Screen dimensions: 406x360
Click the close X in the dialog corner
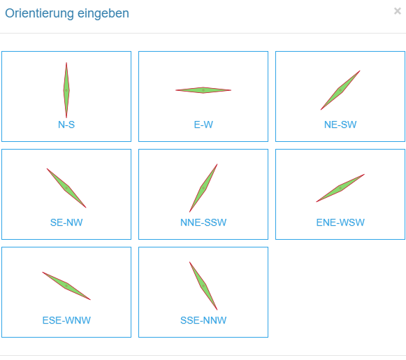[x=398, y=11]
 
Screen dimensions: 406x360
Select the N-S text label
[x=66, y=124]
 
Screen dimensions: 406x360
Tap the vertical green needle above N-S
[x=66, y=90]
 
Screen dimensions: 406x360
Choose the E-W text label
[x=203, y=124]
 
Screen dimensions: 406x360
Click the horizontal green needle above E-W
[x=203, y=90]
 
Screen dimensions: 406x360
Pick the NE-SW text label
[x=340, y=124]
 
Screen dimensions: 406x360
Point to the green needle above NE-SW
[x=340, y=90]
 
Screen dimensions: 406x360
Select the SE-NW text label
[x=66, y=222]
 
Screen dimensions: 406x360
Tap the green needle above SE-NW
[x=66, y=188]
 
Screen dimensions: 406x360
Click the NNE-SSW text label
[x=203, y=222]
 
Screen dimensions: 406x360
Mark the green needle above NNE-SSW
[x=203, y=188]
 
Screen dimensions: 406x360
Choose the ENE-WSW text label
[x=340, y=222]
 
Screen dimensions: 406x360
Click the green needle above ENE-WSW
[x=340, y=188]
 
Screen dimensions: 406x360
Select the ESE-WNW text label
[x=66, y=320]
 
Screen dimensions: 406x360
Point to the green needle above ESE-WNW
[x=66, y=286]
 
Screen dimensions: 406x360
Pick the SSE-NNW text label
[x=203, y=320]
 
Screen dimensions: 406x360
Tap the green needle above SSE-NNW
[x=203, y=286]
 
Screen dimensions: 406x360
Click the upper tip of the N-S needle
[x=66, y=62]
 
